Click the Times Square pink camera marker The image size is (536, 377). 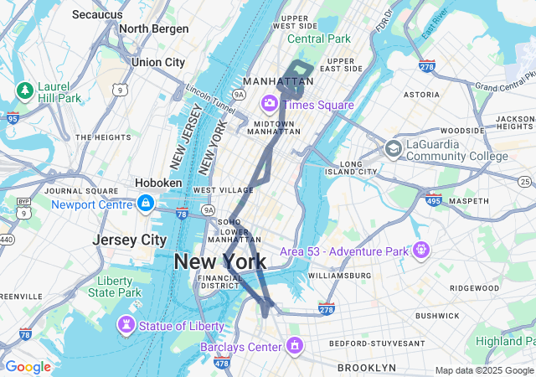pyautogui.click(x=270, y=103)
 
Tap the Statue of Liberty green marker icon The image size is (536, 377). pyautogui.click(x=126, y=324)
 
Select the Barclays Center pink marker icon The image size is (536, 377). pyautogui.click(x=294, y=345)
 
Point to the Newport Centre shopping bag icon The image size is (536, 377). pyautogui.click(x=146, y=204)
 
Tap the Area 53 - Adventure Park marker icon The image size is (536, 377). pyautogui.click(x=420, y=250)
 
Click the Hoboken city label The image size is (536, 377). pyautogui.click(x=159, y=183)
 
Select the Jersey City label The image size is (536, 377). pyautogui.click(x=130, y=240)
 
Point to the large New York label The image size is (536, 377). pyautogui.click(x=220, y=261)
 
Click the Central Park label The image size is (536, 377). pyautogui.click(x=319, y=39)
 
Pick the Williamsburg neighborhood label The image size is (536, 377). pyautogui.click(x=339, y=275)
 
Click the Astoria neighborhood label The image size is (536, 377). pyautogui.click(x=421, y=96)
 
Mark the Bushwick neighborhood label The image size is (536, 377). pyautogui.click(x=437, y=316)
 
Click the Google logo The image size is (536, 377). pyautogui.click(x=28, y=367)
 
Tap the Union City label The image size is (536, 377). pyautogui.click(x=158, y=62)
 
